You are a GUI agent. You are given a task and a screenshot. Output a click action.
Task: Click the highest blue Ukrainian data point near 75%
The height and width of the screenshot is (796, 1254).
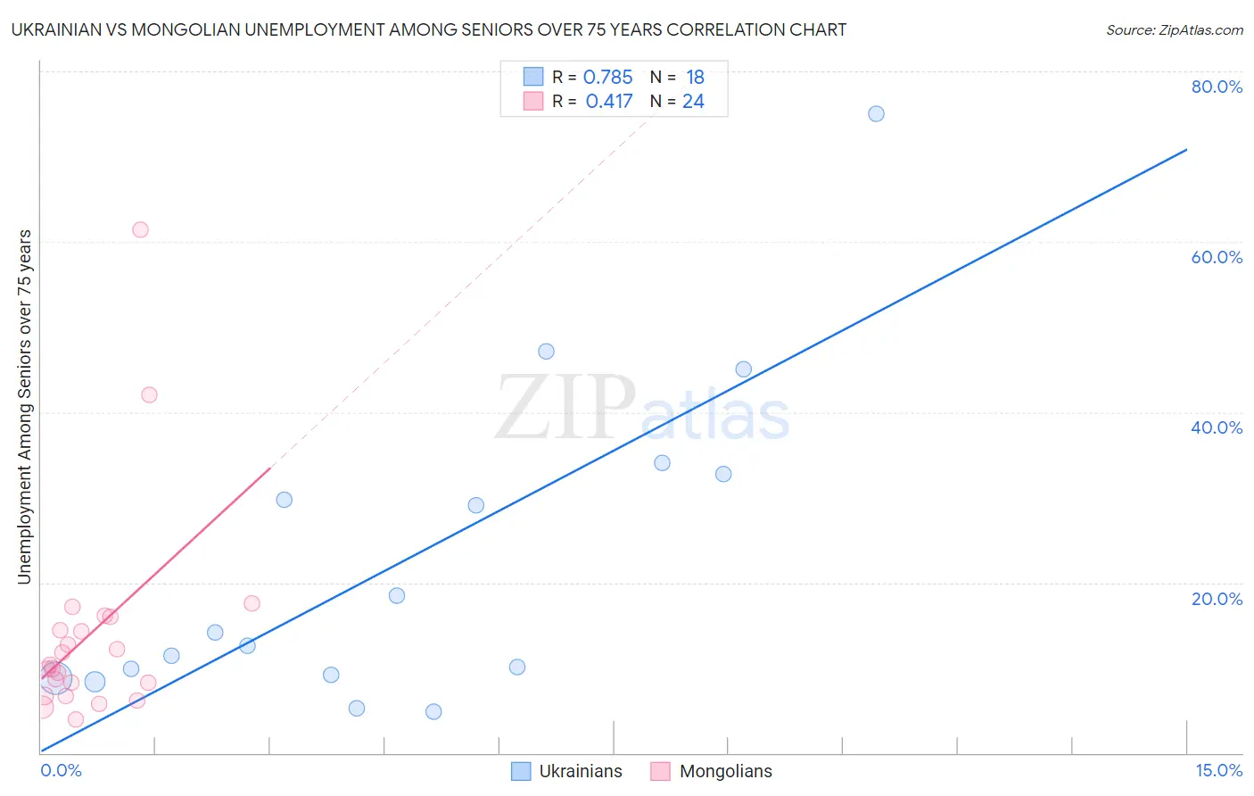point(876,113)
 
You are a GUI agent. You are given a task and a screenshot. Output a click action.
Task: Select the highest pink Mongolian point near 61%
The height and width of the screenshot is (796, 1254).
point(140,229)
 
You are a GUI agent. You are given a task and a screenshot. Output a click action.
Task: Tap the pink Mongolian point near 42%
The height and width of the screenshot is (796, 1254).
point(149,394)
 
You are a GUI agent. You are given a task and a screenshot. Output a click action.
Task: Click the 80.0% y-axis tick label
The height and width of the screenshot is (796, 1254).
point(1217,87)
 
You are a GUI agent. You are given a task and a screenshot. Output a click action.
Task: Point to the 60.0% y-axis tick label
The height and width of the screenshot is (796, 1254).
point(1217,257)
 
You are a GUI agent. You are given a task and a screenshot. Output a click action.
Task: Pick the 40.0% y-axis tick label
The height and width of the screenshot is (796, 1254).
point(1217,427)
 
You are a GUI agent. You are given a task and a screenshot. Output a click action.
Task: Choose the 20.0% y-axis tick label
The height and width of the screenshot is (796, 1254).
point(1217,599)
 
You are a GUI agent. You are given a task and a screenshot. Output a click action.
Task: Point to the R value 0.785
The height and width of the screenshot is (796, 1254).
point(607,78)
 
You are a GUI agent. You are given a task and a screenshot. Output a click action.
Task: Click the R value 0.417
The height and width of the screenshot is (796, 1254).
point(609,102)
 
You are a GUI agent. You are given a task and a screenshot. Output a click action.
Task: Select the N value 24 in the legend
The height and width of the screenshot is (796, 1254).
point(693,102)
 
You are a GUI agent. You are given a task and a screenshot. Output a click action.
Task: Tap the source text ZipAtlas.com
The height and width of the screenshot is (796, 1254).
point(1174,30)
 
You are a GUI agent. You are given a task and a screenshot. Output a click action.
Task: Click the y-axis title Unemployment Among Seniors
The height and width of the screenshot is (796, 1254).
point(24,407)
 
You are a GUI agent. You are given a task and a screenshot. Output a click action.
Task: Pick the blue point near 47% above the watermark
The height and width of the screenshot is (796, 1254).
point(546,352)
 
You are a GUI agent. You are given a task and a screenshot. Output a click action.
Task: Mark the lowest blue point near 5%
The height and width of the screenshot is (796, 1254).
point(433,711)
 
